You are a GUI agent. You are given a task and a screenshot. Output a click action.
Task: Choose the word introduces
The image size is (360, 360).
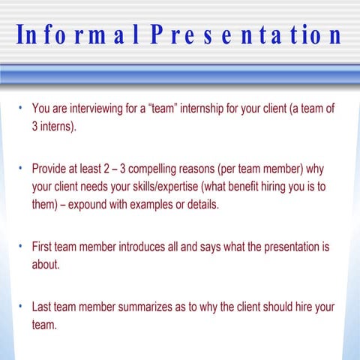pos(150,247)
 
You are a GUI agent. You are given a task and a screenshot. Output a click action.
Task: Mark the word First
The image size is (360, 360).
pos(43,247)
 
